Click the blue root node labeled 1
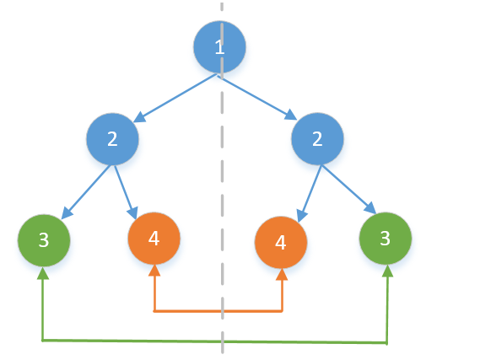click(219, 47)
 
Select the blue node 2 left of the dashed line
click(112, 139)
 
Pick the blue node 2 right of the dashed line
click(317, 139)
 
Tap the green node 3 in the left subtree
click(44, 240)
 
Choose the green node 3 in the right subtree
click(386, 239)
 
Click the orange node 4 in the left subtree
click(154, 239)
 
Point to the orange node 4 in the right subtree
click(281, 242)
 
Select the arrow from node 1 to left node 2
click(175, 98)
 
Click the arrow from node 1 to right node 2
click(257, 98)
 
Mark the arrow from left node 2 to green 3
click(85, 192)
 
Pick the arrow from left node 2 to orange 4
click(126, 192)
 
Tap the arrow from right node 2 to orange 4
click(310, 194)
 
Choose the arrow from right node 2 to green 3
click(349, 190)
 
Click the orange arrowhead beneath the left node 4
click(154, 270)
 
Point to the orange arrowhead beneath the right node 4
click(282, 274)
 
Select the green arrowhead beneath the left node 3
click(43, 273)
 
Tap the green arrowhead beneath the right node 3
click(387, 271)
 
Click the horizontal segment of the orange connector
click(218, 311)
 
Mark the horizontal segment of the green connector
click(214, 341)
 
